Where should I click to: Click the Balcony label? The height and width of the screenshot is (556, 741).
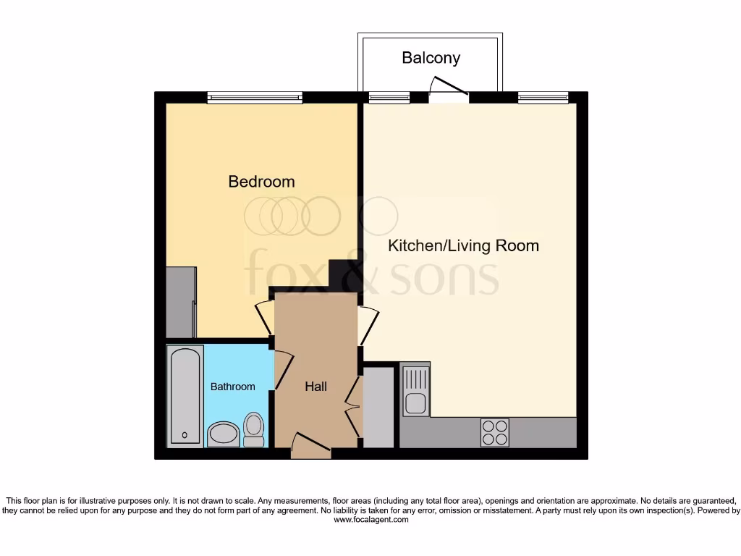pos(431,58)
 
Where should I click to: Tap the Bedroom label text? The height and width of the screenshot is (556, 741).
pos(261,181)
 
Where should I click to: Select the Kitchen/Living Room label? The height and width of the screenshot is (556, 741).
pos(463,245)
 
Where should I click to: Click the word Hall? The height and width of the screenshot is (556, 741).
pos(316,387)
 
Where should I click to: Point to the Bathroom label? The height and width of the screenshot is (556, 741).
pos(232,387)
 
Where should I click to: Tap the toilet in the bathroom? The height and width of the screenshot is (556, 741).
pos(253,430)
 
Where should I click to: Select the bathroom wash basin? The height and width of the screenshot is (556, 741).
pos(223,435)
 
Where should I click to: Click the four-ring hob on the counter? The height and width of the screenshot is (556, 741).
pos(494,432)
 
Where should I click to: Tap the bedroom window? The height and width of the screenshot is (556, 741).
pos(255,97)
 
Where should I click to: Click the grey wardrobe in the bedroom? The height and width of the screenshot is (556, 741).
pos(180,302)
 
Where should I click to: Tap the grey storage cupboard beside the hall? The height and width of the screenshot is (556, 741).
pos(378,407)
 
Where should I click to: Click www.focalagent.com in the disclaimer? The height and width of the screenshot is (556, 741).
pos(370,520)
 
